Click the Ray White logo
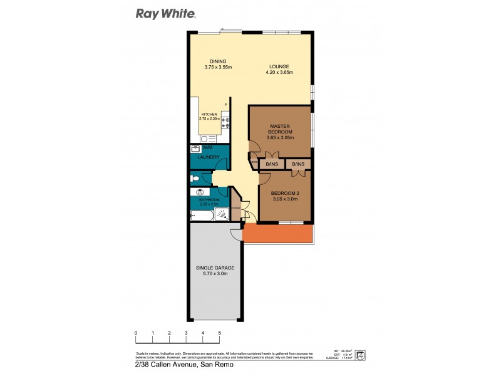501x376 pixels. point(166,13)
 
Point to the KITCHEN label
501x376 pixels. point(209,114)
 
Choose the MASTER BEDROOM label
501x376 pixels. point(279,129)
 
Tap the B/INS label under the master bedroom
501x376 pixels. point(272,164)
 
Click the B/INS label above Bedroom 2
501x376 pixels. point(298,164)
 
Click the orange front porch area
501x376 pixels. point(279,234)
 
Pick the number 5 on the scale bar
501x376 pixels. point(219,333)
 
